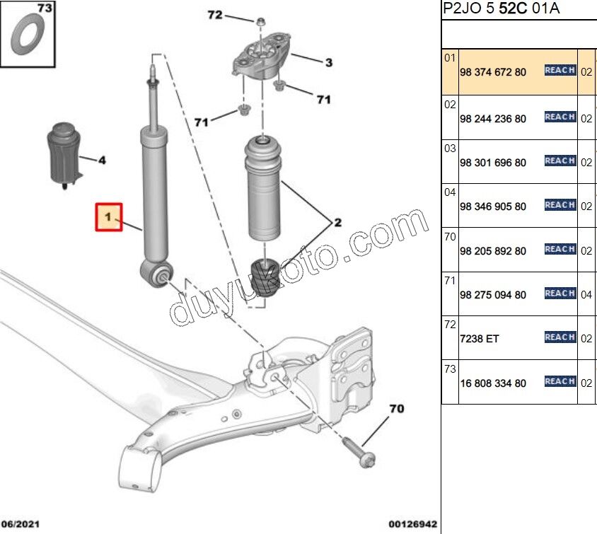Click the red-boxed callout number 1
pyautogui.click(x=109, y=217)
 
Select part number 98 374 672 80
pyautogui.click(x=493, y=72)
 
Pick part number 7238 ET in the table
pyautogui.click(x=480, y=339)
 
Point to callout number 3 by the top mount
pyautogui.click(x=328, y=63)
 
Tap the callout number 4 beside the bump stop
pyautogui.click(x=101, y=161)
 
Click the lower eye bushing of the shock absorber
pyautogui.click(x=161, y=273)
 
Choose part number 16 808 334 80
pyautogui.click(x=493, y=383)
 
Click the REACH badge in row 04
pyautogui.click(x=560, y=205)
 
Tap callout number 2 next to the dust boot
pyautogui.click(x=337, y=223)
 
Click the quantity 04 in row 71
pyautogui.click(x=586, y=295)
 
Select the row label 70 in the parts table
pyautogui.click(x=450, y=237)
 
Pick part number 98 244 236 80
pyautogui.click(x=493, y=119)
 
